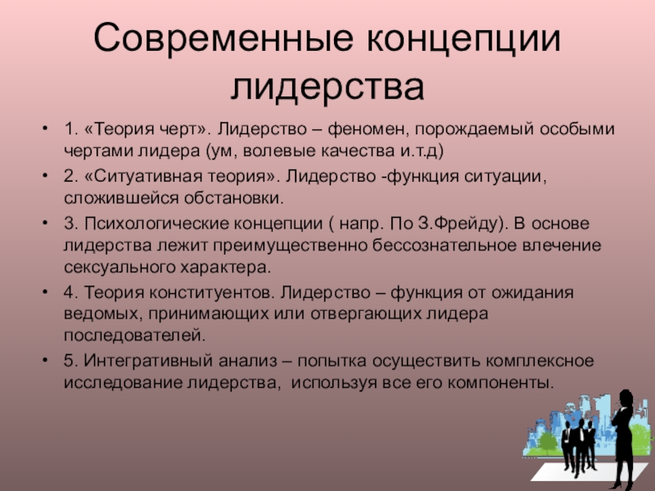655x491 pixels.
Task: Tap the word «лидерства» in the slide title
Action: [x=327, y=86]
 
